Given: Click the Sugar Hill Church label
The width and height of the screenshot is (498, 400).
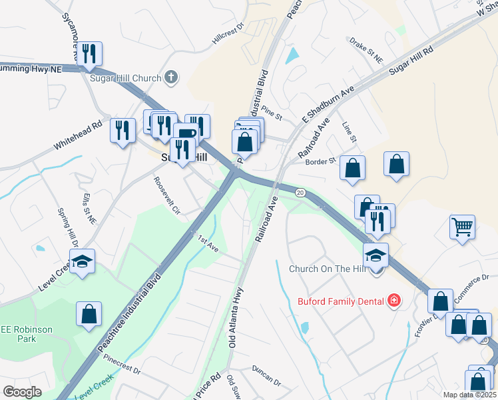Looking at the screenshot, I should (x=126, y=78).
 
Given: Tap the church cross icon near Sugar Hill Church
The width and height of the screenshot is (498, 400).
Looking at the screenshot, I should (x=171, y=77).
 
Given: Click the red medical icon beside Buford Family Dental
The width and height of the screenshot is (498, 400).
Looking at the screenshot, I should (x=395, y=301).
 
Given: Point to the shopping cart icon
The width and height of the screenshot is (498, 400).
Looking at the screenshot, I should (x=462, y=227).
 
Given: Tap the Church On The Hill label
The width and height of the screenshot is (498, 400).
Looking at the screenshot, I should (x=328, y=269).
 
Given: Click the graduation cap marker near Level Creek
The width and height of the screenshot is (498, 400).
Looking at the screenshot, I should (x=83, y=261).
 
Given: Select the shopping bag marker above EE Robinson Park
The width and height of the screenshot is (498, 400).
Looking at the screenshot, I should (x=89, y=314).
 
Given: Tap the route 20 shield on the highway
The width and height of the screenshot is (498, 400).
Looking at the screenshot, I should (x=300, y=193).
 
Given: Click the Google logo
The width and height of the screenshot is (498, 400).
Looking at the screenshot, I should (x=23, y=391).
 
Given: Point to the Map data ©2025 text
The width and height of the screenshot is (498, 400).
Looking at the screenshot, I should (x=470, y=395).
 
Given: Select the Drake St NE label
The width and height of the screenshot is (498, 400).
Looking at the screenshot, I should (x=366, y=50).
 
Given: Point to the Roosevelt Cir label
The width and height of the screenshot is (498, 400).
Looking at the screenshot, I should (x=166, y=193).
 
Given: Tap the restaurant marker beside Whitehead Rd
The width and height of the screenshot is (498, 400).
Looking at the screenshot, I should (x=123, y=129).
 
